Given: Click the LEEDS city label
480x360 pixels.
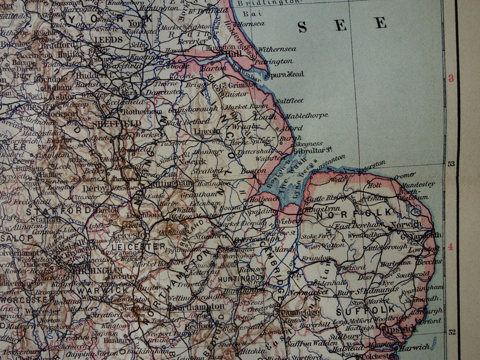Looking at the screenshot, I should click(109, 39).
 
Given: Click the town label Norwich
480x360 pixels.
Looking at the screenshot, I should click(404, 224).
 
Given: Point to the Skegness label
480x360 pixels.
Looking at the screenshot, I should click(309, 144).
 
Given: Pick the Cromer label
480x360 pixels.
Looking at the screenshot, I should click(404, 176).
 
